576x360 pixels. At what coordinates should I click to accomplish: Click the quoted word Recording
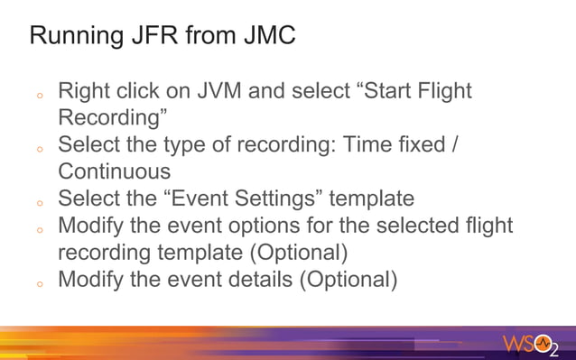pos(113,118)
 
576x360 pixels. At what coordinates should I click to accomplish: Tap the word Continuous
pos(115,171)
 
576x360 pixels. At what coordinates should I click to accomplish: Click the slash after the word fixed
pos(454,144)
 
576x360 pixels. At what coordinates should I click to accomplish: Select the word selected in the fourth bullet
pos(415,225)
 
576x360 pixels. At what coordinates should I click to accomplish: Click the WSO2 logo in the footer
pos(532,345)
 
